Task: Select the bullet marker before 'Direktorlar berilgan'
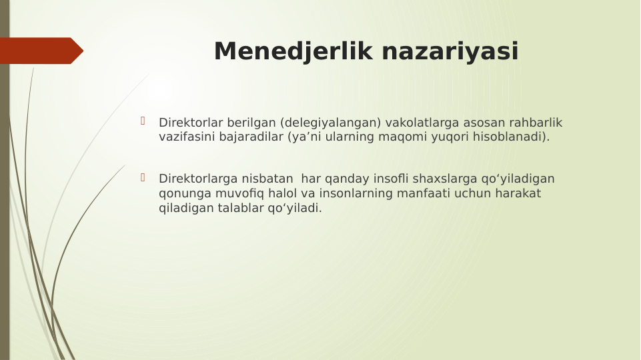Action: click(143, 121)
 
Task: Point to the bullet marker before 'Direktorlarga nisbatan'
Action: click(143, 177)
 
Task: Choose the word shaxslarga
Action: click(443, 179)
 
